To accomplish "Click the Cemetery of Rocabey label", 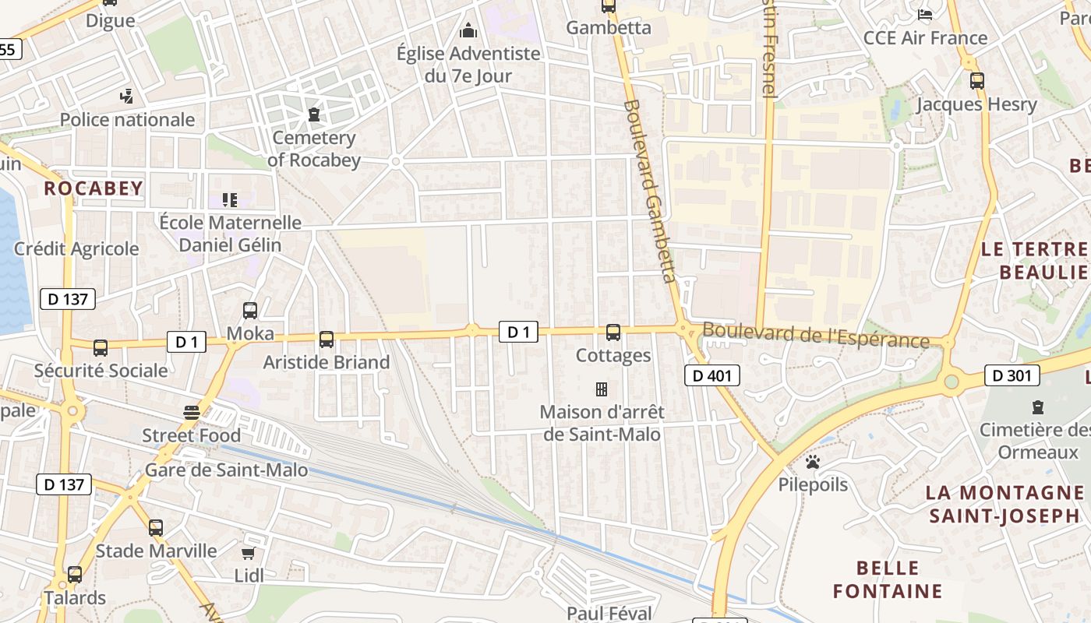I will point(314,149).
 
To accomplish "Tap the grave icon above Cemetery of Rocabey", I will point(314,115).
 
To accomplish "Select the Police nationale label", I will point(127,119).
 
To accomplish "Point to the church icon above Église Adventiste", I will point(468,30).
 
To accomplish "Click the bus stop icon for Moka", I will point(250,310).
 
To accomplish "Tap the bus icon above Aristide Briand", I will point(327,340).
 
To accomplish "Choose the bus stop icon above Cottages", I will point(613,333).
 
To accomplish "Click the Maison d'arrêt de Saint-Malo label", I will point(602,423).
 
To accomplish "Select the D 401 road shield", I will point(711,376).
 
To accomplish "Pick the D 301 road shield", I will point(1012,376).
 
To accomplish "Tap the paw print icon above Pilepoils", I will point(813,462).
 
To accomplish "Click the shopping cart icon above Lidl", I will point(248,554).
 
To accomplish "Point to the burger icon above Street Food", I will point(192,412).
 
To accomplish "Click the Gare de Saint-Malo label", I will point(226,470).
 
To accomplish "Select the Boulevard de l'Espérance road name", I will point(816,335).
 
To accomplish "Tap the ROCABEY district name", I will point(94,188).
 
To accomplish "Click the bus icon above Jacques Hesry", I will point(976,81).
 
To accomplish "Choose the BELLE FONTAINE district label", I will point(888,579).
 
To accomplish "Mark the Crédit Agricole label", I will point(76,249).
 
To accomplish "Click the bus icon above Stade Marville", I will point(156,528).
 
